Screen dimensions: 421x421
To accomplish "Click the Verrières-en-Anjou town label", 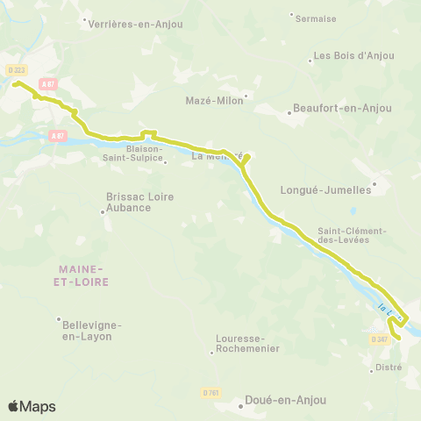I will (136, 25).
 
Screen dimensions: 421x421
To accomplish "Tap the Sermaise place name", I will (316, 18).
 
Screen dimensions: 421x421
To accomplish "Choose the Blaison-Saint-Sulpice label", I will (146, 153).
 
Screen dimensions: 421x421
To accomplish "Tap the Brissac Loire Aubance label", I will (140, 202).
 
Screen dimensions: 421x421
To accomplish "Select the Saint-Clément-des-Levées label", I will (352, 235).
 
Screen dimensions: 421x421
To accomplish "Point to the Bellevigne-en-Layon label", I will (91, 330).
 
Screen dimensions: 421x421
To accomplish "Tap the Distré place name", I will (388, 367).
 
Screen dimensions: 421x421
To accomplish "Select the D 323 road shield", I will (16, 70).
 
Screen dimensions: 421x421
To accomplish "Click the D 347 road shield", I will (380, 339).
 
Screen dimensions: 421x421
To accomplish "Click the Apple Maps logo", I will (32, 406).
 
